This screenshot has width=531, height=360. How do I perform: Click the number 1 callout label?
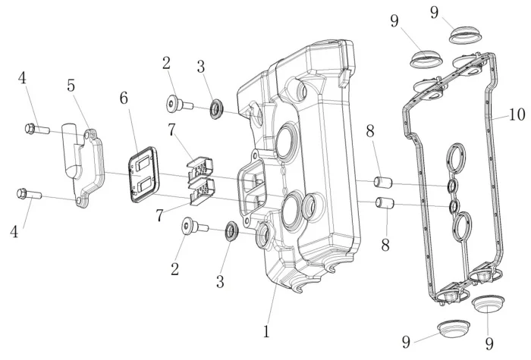click(266, 331)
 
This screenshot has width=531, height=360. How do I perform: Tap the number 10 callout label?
click(517, 115)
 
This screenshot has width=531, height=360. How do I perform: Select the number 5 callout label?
click(71, 86)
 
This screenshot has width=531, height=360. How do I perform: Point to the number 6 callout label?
click(124, 99)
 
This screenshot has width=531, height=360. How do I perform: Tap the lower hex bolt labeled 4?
click(27, 194)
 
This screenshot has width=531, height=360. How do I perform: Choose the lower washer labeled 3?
click(231, 230)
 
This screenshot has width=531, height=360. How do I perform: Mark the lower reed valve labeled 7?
click(200, 193)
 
